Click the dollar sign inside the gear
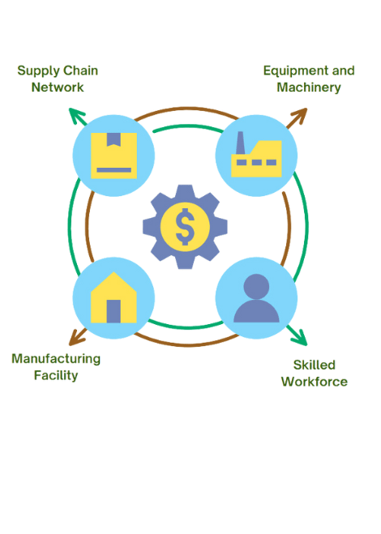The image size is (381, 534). point(185,226)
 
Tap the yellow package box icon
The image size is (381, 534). point(113,156)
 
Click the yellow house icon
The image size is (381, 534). point(113,297)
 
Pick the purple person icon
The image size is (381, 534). point(256,298)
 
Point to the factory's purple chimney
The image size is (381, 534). point(240,143)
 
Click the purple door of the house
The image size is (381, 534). point(113,311)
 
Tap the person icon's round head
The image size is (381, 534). point(256,286)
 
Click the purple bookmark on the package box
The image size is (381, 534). point(113,139)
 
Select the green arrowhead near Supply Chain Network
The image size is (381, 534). point(76,115)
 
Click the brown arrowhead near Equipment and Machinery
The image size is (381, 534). point(300,115)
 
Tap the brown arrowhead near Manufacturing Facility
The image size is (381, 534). point(76,338)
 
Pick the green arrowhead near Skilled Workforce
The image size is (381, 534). point(300,337)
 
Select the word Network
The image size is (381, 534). point(58,88)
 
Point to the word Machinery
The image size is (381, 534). point(309,88)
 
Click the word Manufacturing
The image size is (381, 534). point(56,359)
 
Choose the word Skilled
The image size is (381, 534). point(315,365)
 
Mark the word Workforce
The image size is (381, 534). point(315,382)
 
